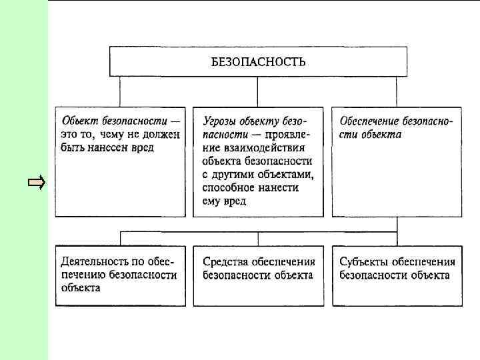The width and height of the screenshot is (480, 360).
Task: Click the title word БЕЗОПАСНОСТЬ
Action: coord(259,62)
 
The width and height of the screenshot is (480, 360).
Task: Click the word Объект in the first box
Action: coord(81,121)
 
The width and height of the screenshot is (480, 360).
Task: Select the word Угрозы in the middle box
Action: coord(220,121)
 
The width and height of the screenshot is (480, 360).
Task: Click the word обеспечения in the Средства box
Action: coord(285,262)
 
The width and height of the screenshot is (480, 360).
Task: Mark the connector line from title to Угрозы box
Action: coord(258,91)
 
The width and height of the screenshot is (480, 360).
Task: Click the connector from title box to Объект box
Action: coord(120,91)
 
